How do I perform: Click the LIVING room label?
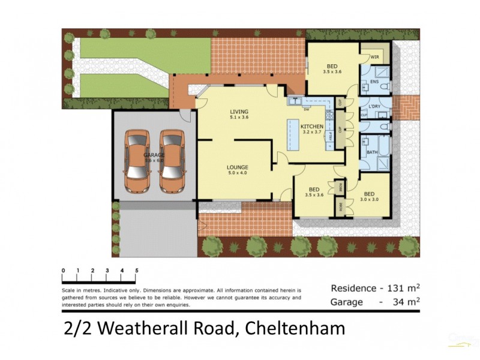pos(239,112)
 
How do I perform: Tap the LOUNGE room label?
pos(238,167)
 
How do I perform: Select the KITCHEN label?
pos(312,127)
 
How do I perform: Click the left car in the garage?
pos(137,161)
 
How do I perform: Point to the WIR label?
pos(374,57)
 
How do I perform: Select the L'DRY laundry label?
pos(375,107)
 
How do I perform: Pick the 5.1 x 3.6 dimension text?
pos(239,118)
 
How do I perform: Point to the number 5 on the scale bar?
pos(137,271)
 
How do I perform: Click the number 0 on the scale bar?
pos(63,271)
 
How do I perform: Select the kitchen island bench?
pos(293,134)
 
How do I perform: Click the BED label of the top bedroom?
pos(332,66)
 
